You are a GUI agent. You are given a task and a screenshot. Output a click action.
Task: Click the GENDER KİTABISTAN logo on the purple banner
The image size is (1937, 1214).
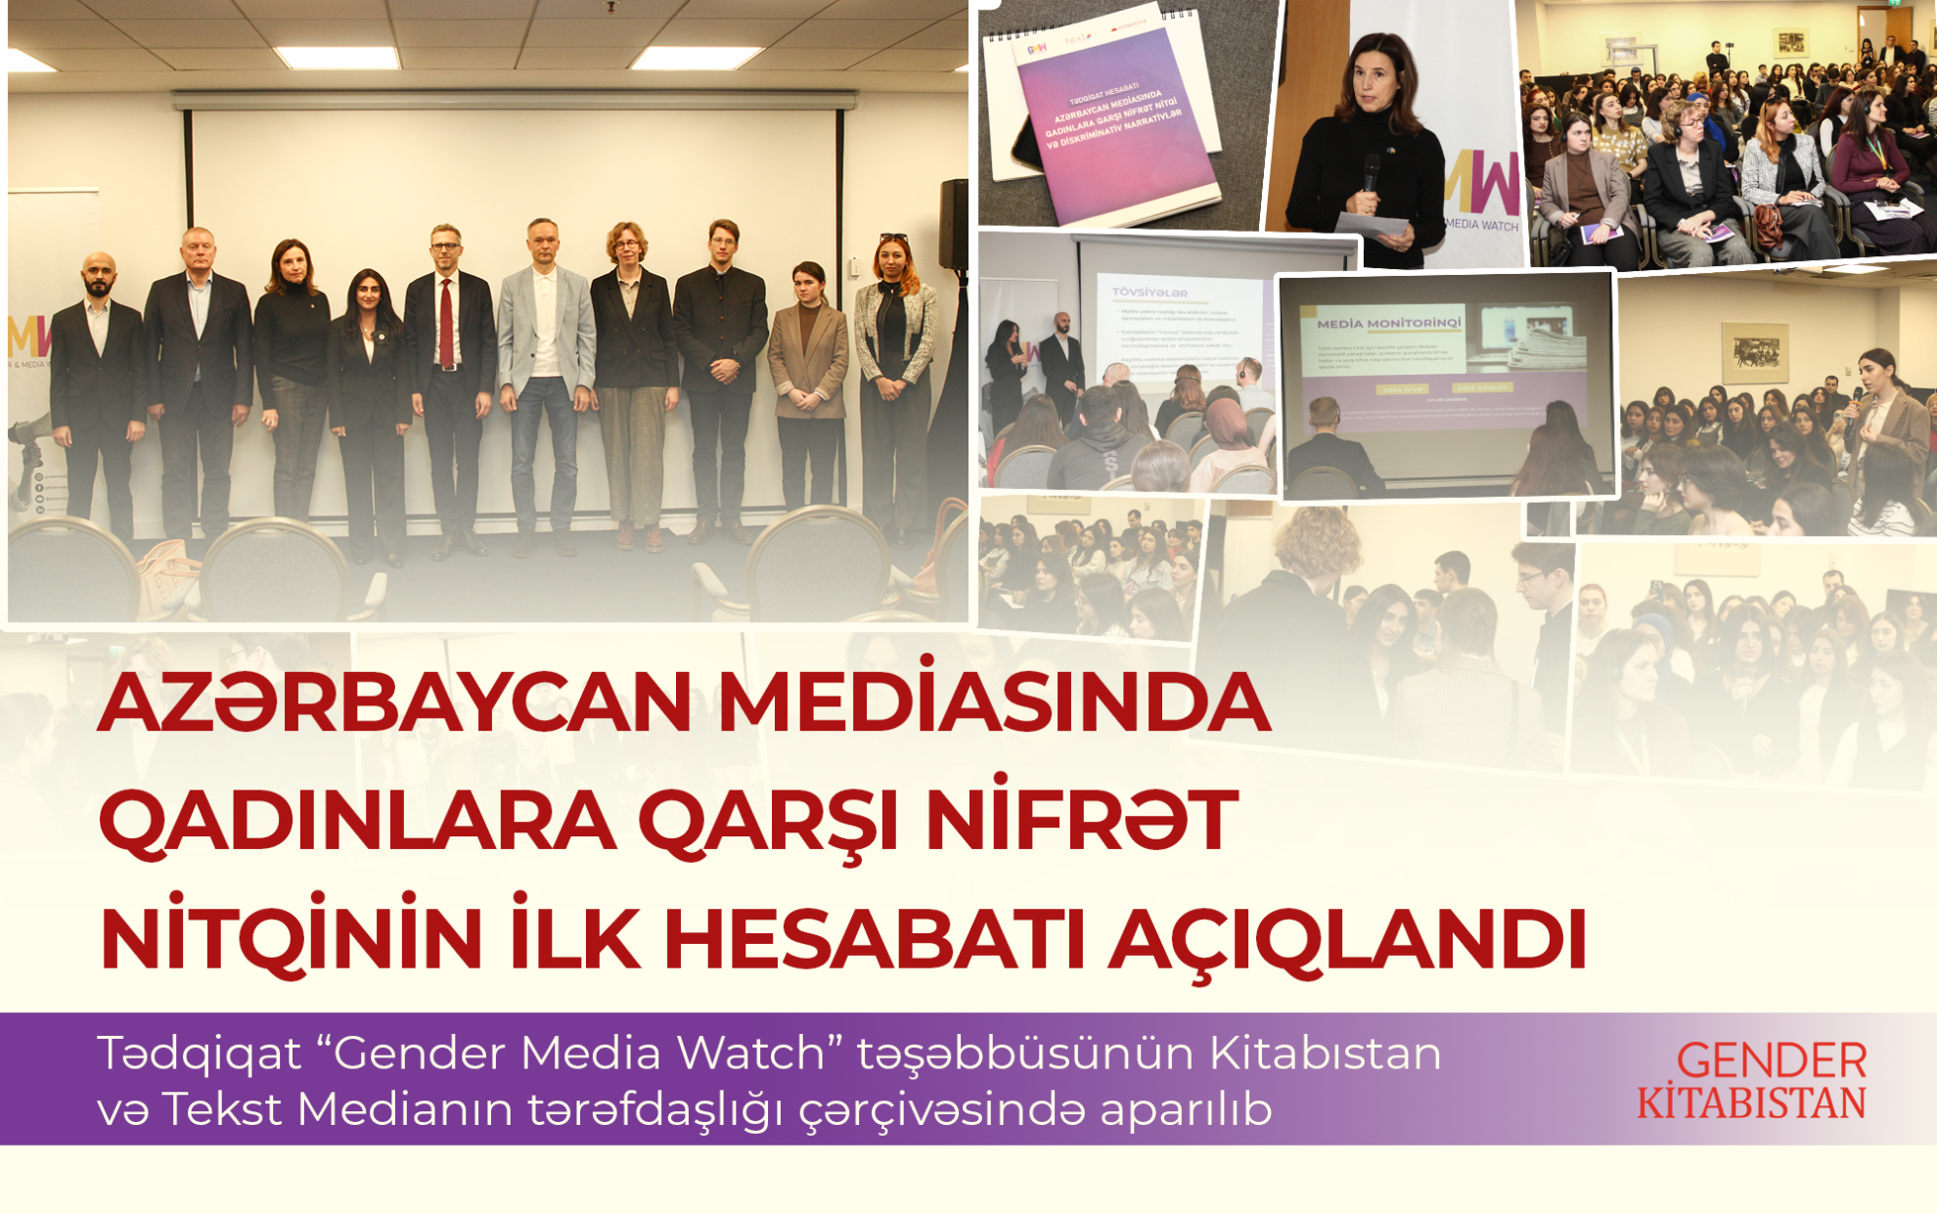pyautogui.click(x=1751, y=1081)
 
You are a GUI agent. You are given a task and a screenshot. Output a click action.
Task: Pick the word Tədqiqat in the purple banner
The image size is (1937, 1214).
pyautogui.click(x=200, y=1055)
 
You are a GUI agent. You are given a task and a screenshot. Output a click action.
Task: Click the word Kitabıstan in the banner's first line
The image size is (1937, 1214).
pyautogui.click(x=1325, y=1055)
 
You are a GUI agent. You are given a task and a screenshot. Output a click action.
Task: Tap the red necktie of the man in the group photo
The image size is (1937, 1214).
pyautogui.click(x=446, y=323)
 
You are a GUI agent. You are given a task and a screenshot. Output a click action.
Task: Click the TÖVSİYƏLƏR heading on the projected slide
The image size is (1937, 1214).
pyautogui.click(x=1149, y=292)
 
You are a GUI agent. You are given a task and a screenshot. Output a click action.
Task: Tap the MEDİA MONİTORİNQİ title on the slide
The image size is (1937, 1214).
pyautogui.click(x=1388, y=323)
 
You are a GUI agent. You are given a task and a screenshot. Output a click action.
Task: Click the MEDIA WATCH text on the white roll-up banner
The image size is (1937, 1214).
pyautogui.click(x=1481, y=225)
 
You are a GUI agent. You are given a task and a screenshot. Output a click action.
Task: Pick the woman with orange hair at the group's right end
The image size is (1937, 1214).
pyautogui.click(x=893, y=372)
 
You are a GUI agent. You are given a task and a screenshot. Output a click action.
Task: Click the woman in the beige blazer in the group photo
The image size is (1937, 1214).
pyautogui.click(x=808, y=382)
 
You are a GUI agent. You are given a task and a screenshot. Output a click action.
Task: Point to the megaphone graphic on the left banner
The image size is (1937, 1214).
pyautogui.click(x=29, y=435)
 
